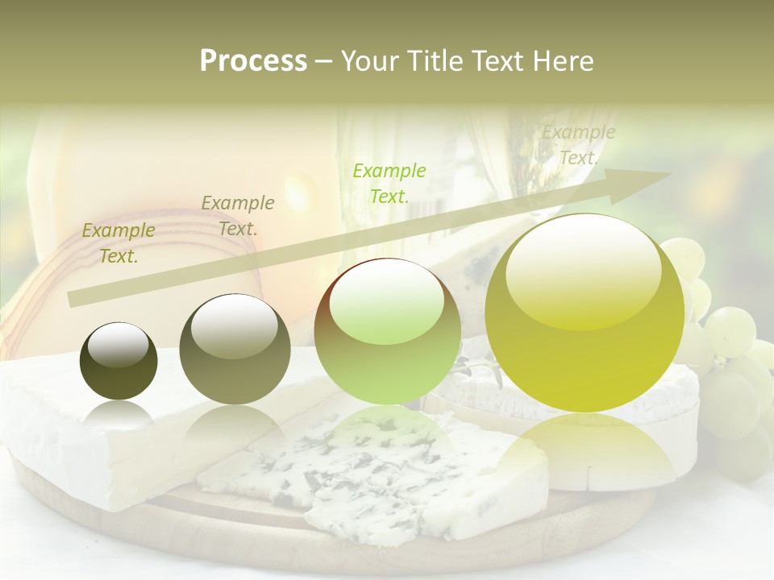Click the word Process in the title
253,61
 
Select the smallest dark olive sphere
119,361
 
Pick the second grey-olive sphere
235,349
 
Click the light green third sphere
387,330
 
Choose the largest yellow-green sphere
585,312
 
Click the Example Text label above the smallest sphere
118,243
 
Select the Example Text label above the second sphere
237,215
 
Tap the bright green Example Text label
389,183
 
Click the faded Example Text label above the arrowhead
578,145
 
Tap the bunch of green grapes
726,354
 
